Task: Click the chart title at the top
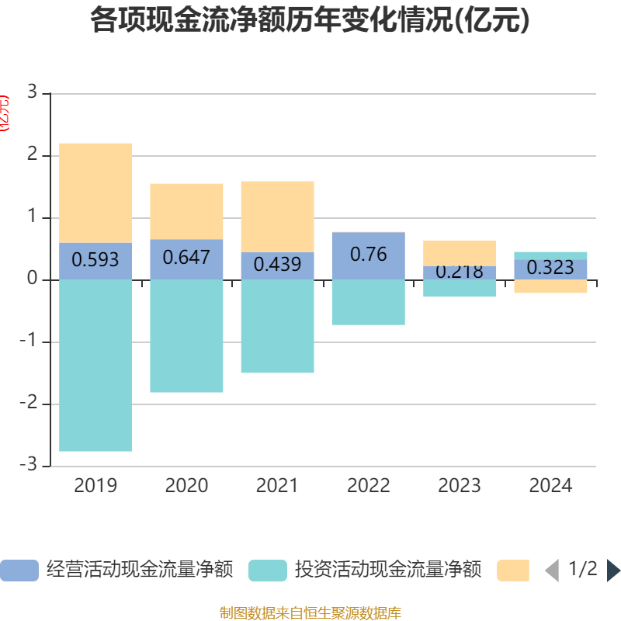click(x=310, y=21)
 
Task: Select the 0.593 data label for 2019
click(x=95, y=259)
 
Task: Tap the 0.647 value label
click(x=186, y=257)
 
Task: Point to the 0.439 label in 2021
click(x=277, y=265)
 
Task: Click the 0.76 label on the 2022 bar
click(x=368, y=254)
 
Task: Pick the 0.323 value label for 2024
click(x=550, y=268)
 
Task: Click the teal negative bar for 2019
click(x=95, y=365)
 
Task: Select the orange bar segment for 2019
click(x=95, y=193)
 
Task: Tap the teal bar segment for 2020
click(x=186, y=335)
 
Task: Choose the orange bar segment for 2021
click(x=277, y=216)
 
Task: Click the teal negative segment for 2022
click(x=368, y=302)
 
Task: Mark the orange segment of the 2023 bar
click(x=460, y=252)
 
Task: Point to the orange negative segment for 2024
click(x=550, y=286)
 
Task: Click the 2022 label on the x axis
click(x=368, y=486)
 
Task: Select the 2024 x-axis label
click(x=550, y=486)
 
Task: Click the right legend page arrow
click(x=613, y=571)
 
